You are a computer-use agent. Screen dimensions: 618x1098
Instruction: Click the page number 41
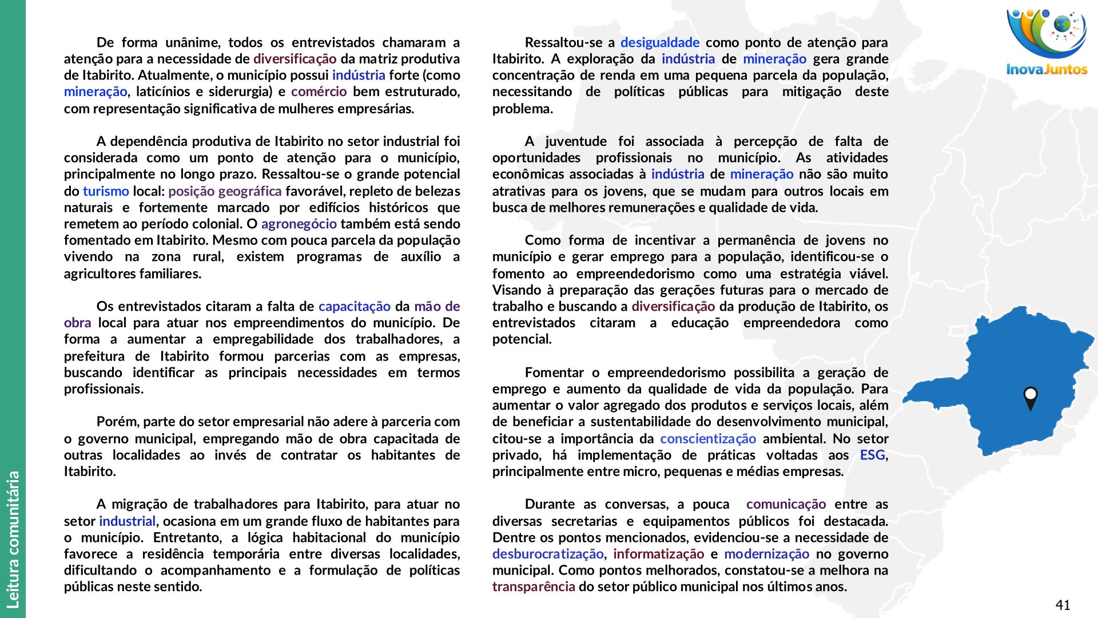pos(1063,605)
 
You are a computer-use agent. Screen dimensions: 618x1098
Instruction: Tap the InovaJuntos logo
pos(1047,43)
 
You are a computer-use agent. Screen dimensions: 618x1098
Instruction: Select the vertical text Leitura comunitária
pos(13,539)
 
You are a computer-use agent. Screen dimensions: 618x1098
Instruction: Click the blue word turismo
pos(106,191)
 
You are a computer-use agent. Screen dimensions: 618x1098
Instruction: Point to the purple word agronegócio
pos(299,224)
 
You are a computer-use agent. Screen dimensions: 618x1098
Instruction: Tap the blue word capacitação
pos(354,306)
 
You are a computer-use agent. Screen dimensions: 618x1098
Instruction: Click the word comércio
pos(319,92)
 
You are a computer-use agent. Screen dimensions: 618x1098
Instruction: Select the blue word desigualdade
pos(659,42)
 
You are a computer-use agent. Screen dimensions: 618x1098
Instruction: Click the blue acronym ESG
pos(873,455)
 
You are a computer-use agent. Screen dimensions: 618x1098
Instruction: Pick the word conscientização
pos(707,439)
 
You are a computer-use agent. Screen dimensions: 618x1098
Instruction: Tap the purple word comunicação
pos(786,504)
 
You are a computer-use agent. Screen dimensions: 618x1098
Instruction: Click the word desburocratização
pos(547,554)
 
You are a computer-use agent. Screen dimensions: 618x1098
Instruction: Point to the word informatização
pos(658,554)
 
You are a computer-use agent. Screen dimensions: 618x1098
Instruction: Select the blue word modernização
pos(766,554)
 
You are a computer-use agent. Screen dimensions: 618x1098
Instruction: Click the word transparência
pos(533,587)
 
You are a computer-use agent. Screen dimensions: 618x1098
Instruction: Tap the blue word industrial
pos(127,521)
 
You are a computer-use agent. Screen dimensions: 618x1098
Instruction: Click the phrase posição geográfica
pos(225,191)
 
